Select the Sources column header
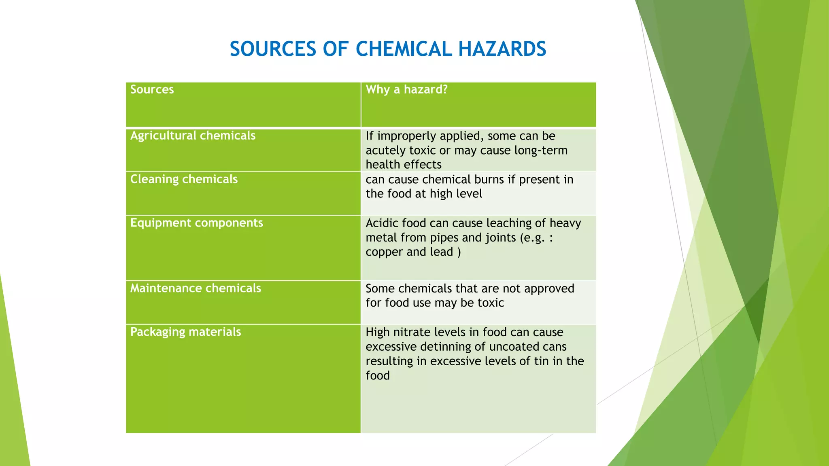(x=152, y=89)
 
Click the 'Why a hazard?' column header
(x=406, y=89)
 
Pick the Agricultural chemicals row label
(x=193, y=136)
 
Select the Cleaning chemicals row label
(x=184, y=179)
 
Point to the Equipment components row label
(x=196, y=223)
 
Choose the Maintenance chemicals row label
(x=196, y=288)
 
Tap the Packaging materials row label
(x=185, y=332)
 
